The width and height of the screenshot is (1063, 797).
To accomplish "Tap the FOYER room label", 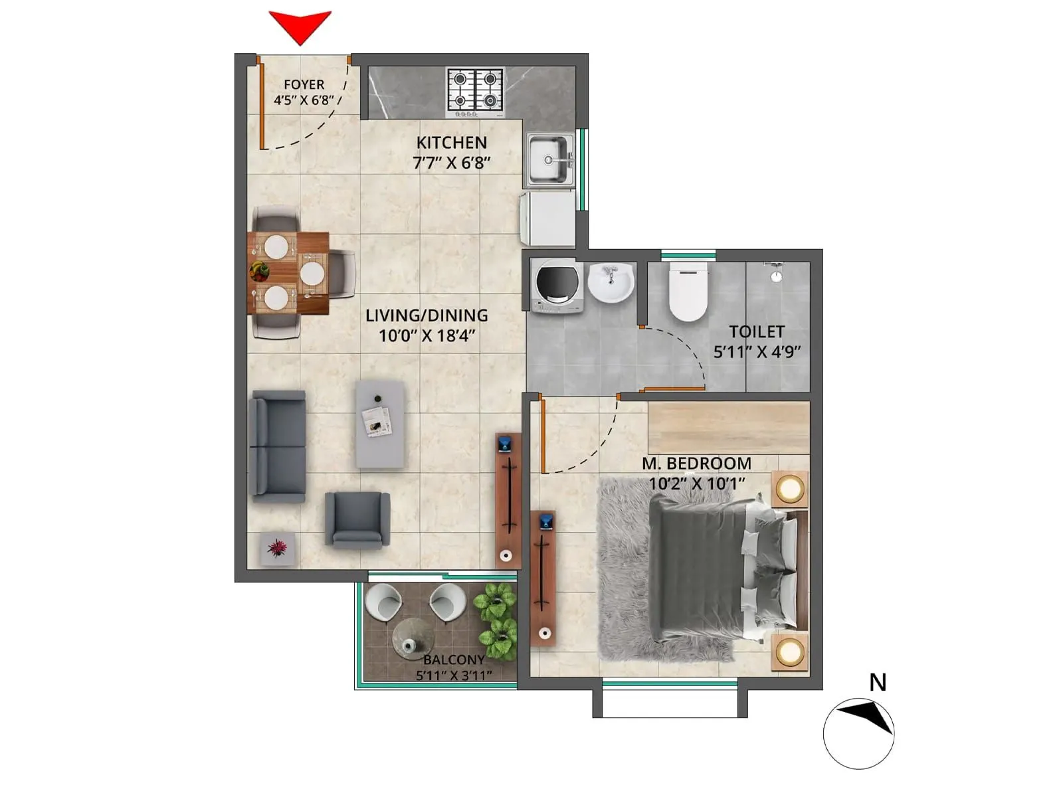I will pyautogui.click(x=304, y=85).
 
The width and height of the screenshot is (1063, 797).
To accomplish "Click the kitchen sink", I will pyautogui.click(x=549, y=159).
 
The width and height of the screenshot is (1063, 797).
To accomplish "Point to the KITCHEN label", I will pyautogui.click(x=452, y=143).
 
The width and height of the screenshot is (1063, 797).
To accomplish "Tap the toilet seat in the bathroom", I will pyautogui.click(x=687, y=292).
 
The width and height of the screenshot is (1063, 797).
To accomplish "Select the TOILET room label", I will pyautogui.click(x=757, y=332).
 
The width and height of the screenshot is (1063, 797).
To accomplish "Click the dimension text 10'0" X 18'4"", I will pyautogui.click(x=427, y=336).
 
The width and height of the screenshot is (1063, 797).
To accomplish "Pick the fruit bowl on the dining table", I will pyautogui.click(x=259, y=270).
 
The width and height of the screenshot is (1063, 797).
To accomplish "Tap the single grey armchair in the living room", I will pyautogui.click(x=357, y=519).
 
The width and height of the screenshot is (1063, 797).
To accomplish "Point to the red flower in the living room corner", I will pyautogui.click(x=277, y=548).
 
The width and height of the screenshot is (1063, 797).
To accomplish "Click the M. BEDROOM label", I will pyautogui.click(x=696, y=464).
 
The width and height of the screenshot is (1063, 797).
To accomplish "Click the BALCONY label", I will pyautogui.click(x=454, y=660).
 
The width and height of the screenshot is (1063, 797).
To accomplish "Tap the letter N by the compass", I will pyautogui.click(x=878, y=683).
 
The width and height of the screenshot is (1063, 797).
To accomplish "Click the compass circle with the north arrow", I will pyautogui.click(x=858, y=734).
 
